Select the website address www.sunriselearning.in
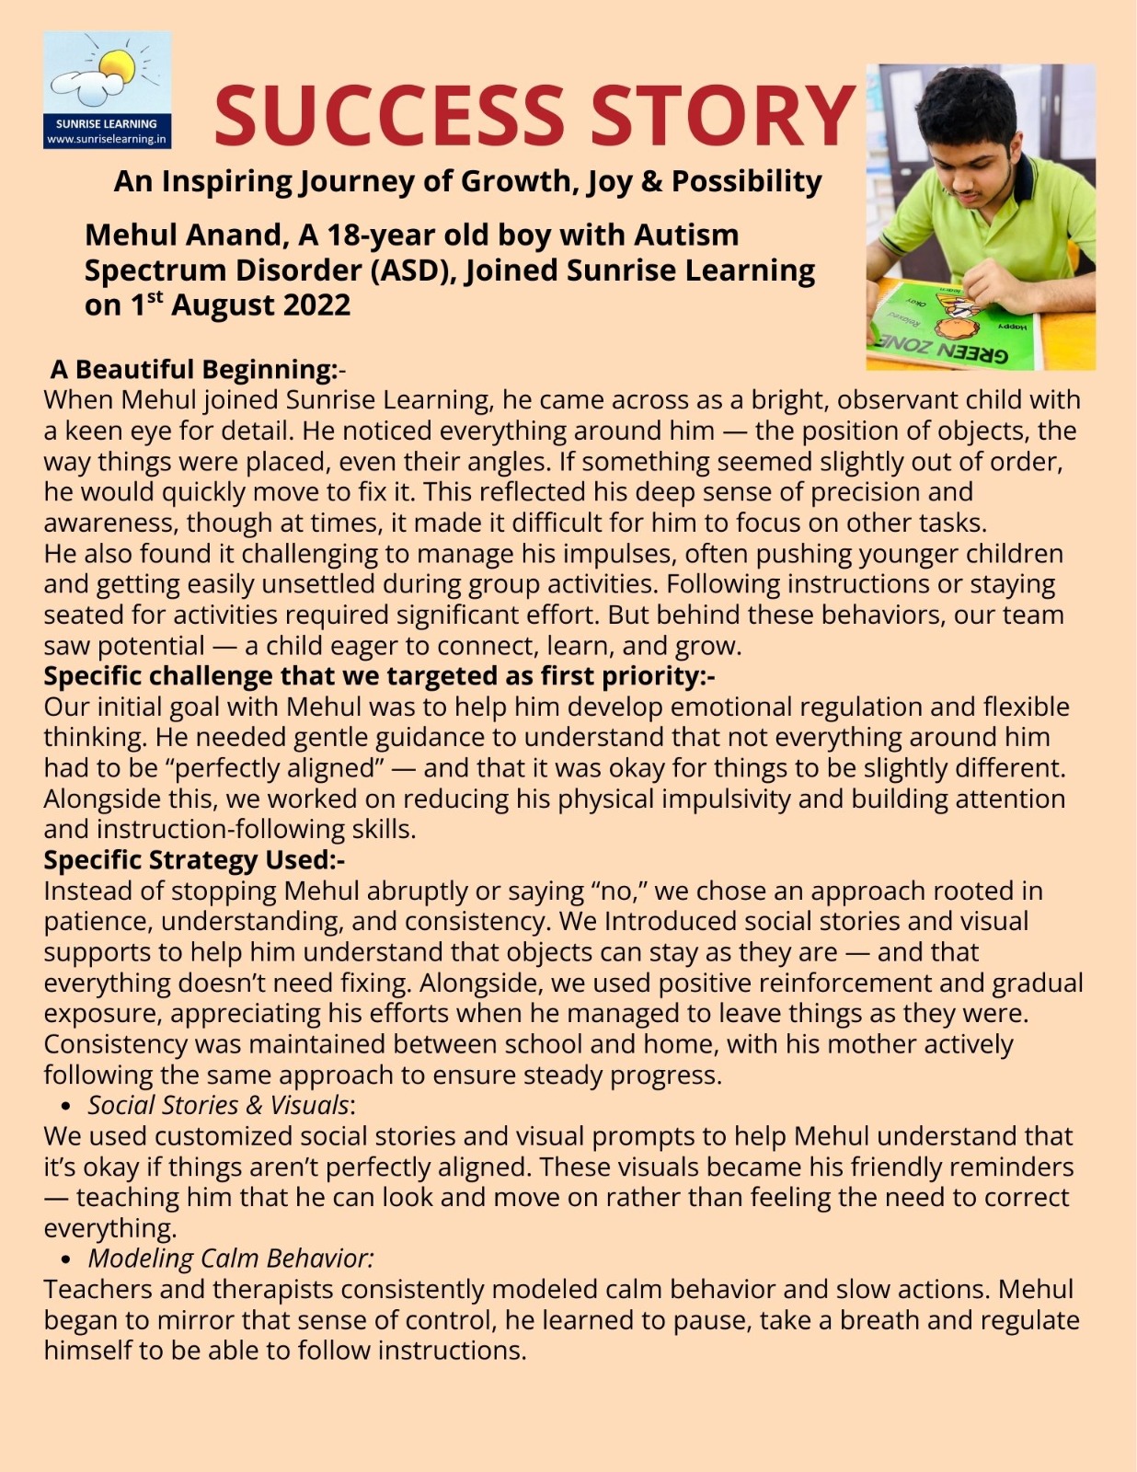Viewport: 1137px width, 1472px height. (107, 139)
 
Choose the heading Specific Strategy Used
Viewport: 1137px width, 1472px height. (190, 860)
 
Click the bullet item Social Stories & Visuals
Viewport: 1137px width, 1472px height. (218, 1105)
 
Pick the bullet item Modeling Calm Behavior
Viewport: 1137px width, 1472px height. (230, 1259)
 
